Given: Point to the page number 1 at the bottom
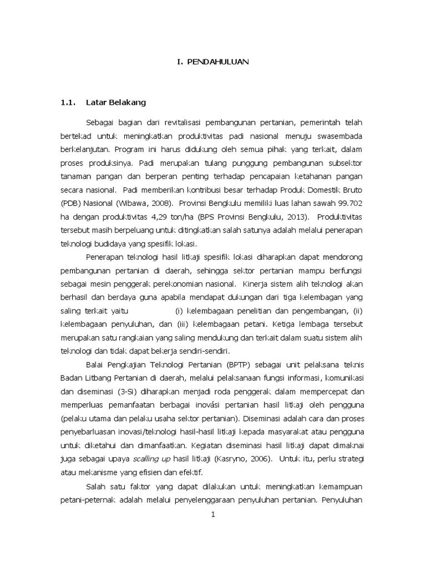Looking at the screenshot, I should point(212,514).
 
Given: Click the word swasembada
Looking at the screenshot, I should point(338,136).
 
